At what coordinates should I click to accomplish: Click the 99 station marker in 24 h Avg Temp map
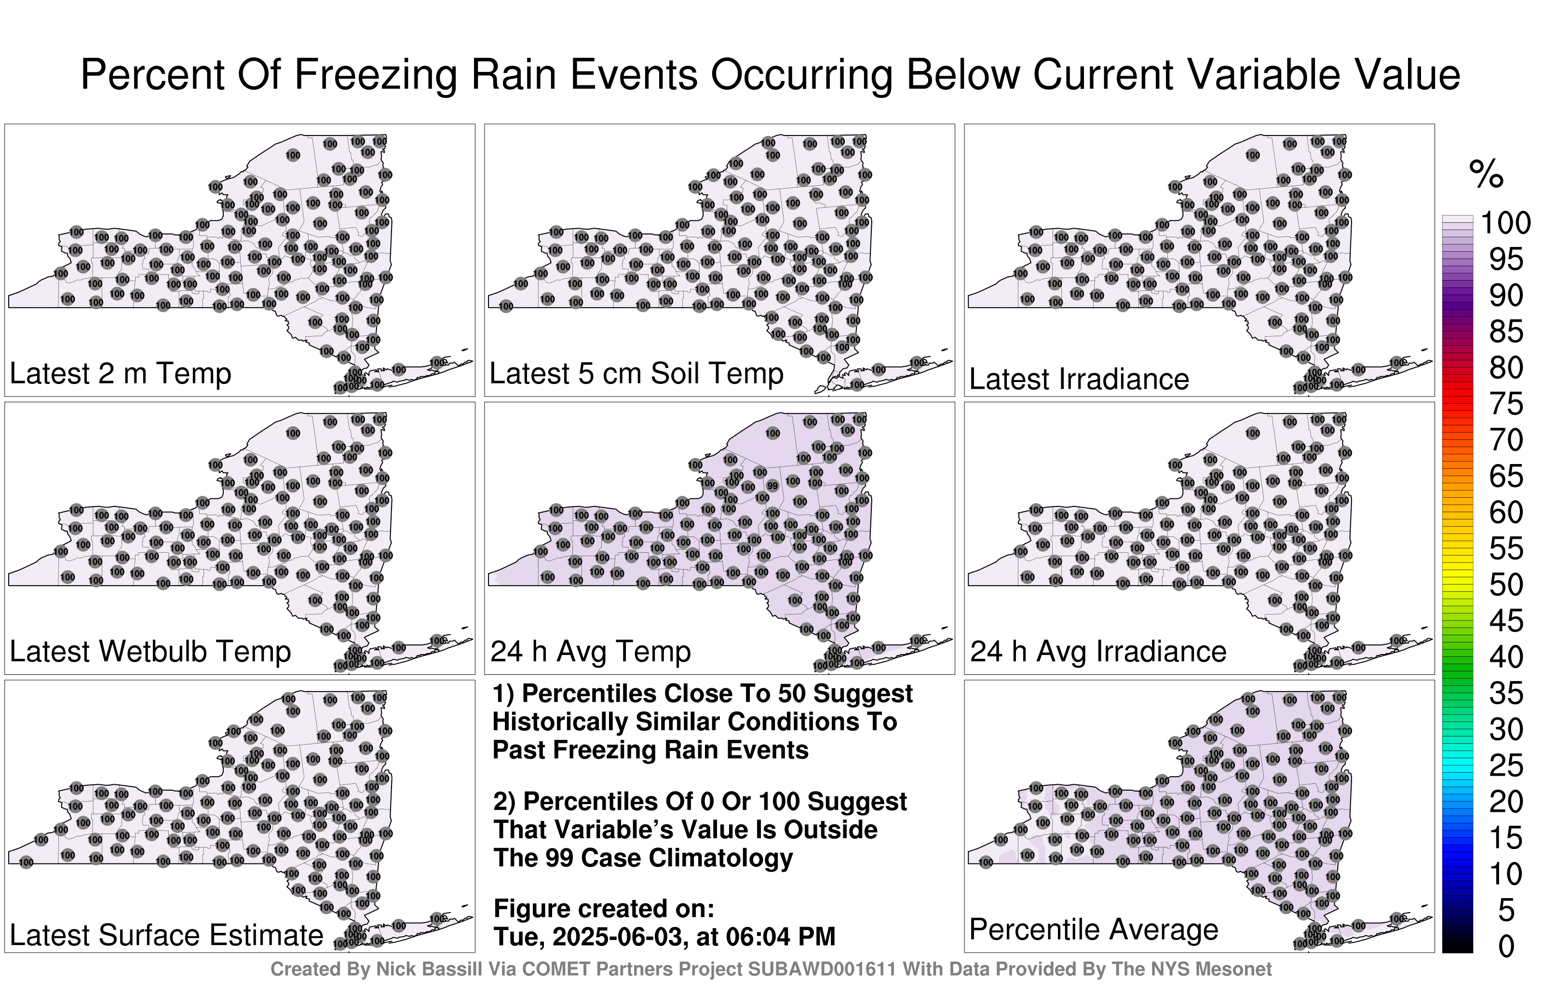click(773, 486)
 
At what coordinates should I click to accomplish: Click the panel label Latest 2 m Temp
click(121, 374)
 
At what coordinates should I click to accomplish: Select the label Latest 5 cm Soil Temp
click(636, 374)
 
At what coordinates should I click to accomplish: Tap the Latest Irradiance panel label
click(1079, 379)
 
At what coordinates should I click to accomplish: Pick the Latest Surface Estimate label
click(167, 935)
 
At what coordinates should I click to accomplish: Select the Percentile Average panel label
click(1094, 929)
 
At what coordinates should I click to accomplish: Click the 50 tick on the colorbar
click(1506, 585)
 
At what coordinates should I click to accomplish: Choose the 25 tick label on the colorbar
click(1506, 766)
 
